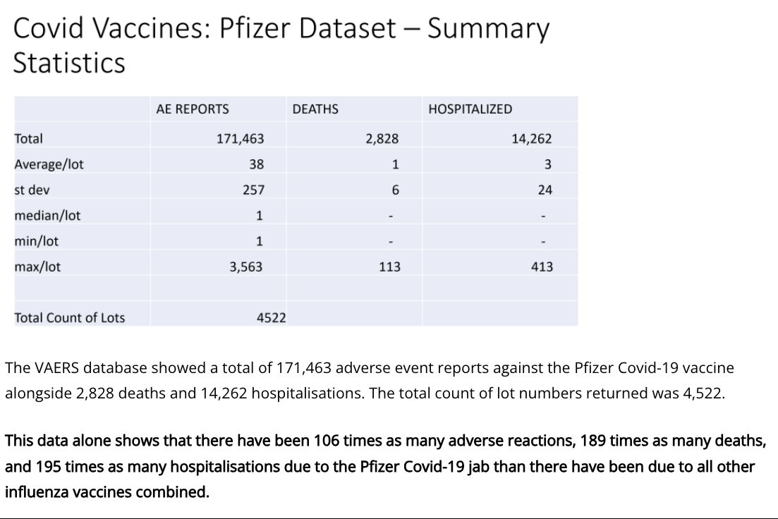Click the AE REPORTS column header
tap(193, 109)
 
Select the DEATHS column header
tap(315, 109)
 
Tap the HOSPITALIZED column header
tap(470, 109)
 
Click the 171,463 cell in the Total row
tap(240, 139)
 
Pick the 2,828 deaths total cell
tap(382, 139)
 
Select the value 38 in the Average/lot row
tap(256, 164)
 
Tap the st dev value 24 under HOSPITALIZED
tap(544, 190)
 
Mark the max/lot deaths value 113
tap(389, 267)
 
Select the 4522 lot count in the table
tap(271, 318)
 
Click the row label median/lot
tap(47, 216)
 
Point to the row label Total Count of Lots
tap(69, 318)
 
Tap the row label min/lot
tap(36, 241)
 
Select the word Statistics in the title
tap(69, 63)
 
